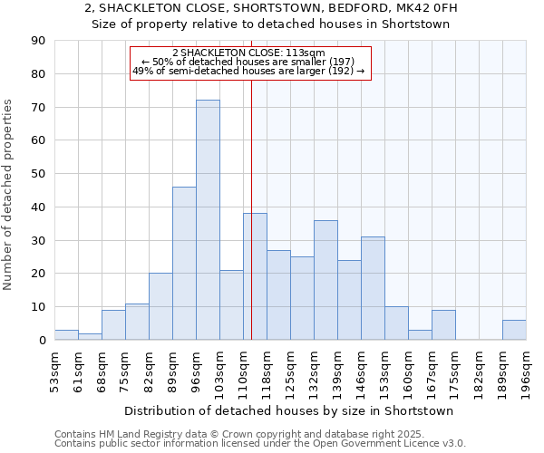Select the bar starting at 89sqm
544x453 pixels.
point(184,264)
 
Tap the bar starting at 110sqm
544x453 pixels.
point(255,276)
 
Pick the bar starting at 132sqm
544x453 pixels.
point(325,280)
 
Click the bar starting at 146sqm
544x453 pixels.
point(373,288)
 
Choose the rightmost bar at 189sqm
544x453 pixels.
point(514,331)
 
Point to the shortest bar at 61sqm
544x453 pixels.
point(90,337)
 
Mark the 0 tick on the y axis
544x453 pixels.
point(42,341)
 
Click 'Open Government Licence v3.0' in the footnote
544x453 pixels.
point(392,444)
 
